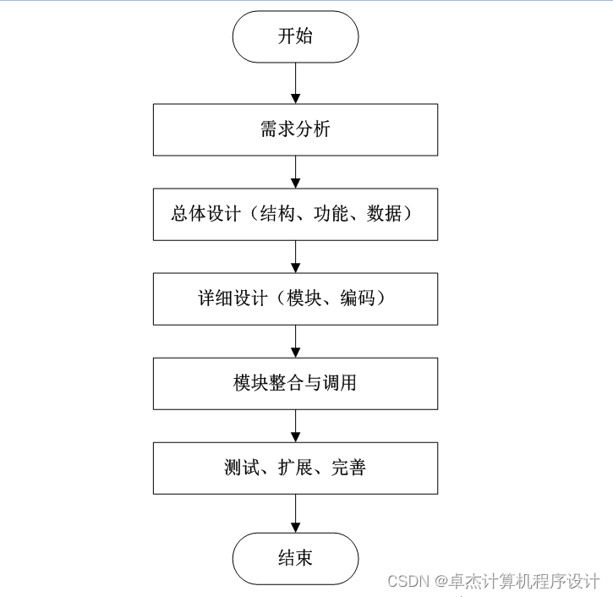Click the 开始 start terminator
[295, 36]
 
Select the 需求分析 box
[295, 129]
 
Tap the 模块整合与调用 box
[295, 383]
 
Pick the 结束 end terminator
[295, 558]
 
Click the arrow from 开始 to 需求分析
[295, 83]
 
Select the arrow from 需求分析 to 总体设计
[295, 172]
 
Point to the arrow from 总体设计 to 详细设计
[295, 256]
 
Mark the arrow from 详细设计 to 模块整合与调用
[295, 341]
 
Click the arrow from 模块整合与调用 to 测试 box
[295, 425]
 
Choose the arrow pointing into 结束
[295, 513]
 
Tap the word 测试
[241, 468]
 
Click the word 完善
[348, 468]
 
